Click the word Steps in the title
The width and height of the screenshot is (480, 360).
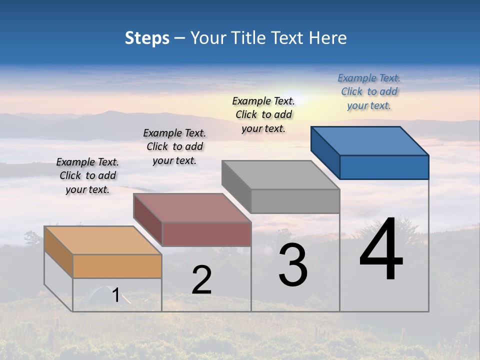pyautogui.click(x=147, y=38)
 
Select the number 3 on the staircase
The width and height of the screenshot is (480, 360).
pyautogui.click(x=293, y=265)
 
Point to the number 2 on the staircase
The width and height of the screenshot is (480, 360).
pyautogui.click(x=201, y=280)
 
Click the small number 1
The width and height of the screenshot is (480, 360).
pyautogui.click(x=115, y=295)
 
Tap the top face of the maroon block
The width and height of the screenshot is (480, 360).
pyautogui.click(x=192, y=208)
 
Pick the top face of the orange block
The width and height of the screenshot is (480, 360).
pyautogui.click(x=103, y=240)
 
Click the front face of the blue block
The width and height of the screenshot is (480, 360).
pyautogui.click(x=384, y=167)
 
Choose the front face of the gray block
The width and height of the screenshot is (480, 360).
pyautogui.click(x=295, y=201)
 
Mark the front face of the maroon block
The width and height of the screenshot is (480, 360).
pyautogui.click(x=206, y=234)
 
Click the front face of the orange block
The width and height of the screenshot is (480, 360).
pyautogui.click(x=117, y=266)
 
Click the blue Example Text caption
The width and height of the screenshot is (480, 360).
pyautogui.click(x=369, y=92)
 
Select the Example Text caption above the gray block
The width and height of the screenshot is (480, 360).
pyautogui.click(x=263, y=114)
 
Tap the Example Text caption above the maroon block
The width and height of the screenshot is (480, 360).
pyautogui.click(x=174, y=146)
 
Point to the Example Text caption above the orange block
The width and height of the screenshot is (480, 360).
pyautogui.click(x=87, y=175)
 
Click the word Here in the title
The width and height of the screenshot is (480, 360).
pyautogui.click(x=328, y=38)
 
